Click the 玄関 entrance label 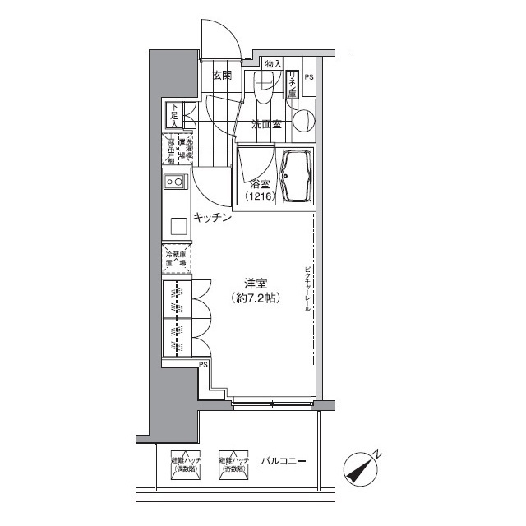(222, 76)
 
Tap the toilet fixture (263, 87)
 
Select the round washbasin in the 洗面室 (302, 121)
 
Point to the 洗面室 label (266, 125)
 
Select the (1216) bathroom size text (260, 197)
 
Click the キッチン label (211, 218)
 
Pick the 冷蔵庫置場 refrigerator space (176, 258)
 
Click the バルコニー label (284, 462)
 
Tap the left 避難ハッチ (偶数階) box (184, 464)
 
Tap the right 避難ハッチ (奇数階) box (233, 464)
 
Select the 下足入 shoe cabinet (175, 114)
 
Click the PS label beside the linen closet (309, 78)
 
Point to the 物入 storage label (274, 63)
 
